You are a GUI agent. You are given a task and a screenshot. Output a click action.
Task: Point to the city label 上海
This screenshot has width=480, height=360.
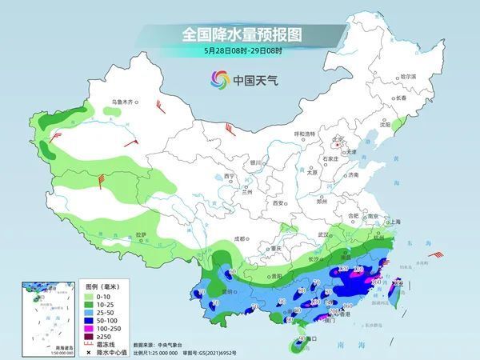pyautogui.click(x=392, y=222)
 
